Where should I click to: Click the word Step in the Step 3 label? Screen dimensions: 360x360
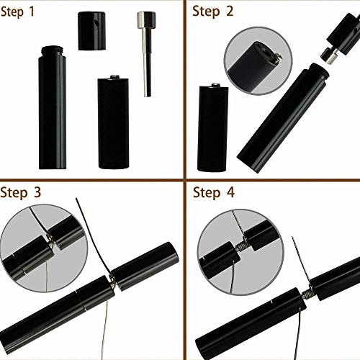(x=17, y=192)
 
